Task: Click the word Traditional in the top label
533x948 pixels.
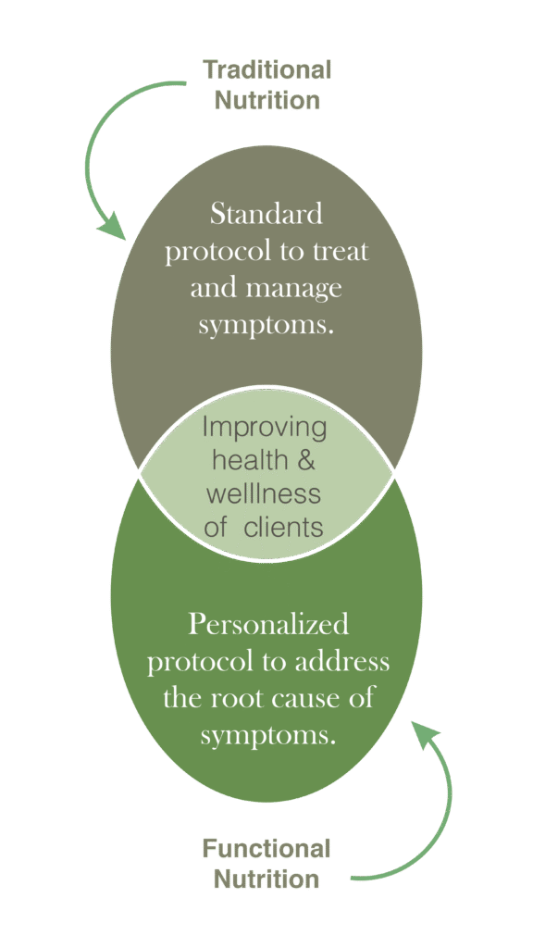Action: (267, 69)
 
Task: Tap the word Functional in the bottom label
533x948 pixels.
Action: (266, 848)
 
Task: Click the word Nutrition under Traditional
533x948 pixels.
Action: (267, 100)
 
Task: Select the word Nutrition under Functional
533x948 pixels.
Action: (266, 879)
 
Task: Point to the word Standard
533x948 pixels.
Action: (266, 214)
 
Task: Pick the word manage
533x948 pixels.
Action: (295, 289)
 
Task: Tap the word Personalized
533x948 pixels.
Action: (268, 624)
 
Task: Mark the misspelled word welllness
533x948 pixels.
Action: (264, 493)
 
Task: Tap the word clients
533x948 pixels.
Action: (283, 527)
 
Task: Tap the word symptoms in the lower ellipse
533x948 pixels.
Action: (267, 737)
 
